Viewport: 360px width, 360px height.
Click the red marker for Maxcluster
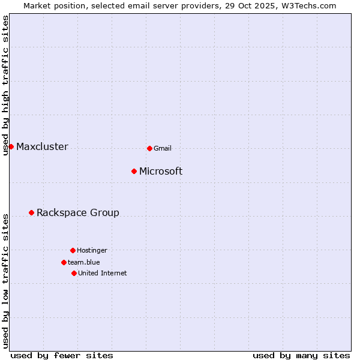click(x=11, y=146)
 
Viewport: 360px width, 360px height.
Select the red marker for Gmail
click(x=149, y=148)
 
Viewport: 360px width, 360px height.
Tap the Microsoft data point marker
click(x=134, y=172)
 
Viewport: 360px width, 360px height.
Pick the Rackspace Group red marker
click(x=31, y=212)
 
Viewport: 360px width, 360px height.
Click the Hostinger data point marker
click(x=73, y=250)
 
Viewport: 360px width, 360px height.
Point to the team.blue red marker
click(x=64, y=262)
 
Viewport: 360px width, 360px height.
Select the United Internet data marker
click(x=74, y=273)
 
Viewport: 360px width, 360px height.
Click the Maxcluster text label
click(x=42, y=147)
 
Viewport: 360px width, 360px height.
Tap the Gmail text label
click(x=163, y=148)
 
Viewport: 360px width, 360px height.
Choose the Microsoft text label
click(x=161, y=172)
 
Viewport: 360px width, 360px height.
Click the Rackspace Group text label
click(x=78, y=213)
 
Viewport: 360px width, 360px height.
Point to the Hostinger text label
click(x=92, y=250)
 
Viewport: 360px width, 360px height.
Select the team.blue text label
click(x=84, y=262)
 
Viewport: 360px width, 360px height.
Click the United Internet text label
click(x=103, y=273)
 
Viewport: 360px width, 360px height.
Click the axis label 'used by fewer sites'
click(x=62, y=355)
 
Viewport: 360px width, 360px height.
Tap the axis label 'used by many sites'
click(x=301, y=355)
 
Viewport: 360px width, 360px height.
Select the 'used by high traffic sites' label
click(x=6, y=85)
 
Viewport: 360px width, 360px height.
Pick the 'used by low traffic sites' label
click(x=6, y=281)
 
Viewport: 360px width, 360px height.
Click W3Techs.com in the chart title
click(x=308, y=5)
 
